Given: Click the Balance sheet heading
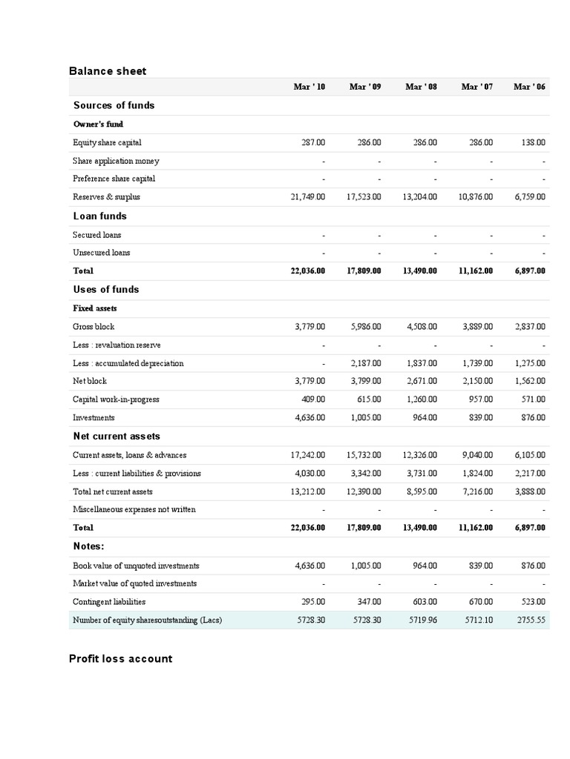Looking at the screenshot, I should (x=108, y=71).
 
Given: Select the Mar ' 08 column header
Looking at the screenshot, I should (x=421, y=87).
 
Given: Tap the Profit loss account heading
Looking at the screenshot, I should (x=120, y=658).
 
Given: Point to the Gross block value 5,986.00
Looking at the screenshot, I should (x=365, y=327).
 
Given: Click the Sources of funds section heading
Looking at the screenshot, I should (x=114, y=105).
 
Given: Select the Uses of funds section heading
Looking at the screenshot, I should (x=106, y=289).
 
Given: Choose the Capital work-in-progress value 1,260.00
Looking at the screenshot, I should (x=421, y=400).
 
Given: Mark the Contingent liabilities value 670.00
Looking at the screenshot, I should (x=479, y=602).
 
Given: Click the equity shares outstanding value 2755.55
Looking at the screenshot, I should (x=530, y=620).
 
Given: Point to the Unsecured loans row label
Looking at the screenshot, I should (x=101, y=253).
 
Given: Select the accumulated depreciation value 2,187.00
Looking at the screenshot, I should (x=365, y=363).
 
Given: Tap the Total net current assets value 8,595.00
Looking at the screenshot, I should (x=421, y=491).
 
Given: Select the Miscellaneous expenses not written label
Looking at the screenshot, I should (x=134, y=509).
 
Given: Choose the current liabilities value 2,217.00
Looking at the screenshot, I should (x=530, y=474).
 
